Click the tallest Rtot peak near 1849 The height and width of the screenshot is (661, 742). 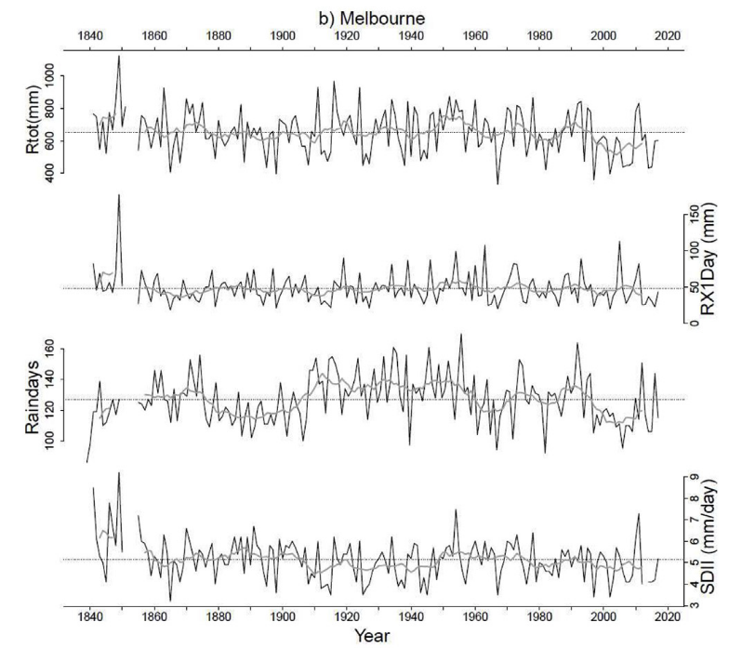(x=119, y=56)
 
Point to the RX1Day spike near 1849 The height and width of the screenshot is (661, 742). (x=119, y=194)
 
